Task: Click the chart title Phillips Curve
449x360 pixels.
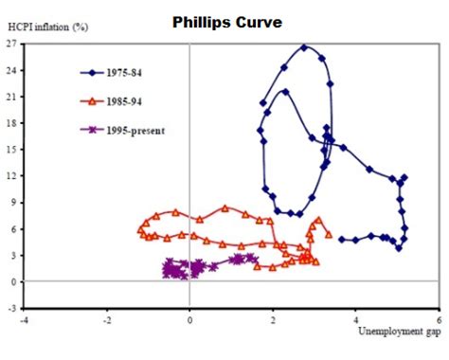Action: (225, 21)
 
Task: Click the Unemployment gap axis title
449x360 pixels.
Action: (399, 333)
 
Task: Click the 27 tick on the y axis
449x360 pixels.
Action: (13, 44)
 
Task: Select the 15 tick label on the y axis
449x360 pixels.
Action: (13, 150)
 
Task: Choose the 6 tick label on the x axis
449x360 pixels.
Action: (439, 320)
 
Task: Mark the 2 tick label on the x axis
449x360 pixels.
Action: (273, 320)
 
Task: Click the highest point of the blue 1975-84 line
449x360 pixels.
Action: (304, 46)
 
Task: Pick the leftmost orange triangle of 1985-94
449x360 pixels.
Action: (139, 228)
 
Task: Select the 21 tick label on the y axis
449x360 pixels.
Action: (13, 97)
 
